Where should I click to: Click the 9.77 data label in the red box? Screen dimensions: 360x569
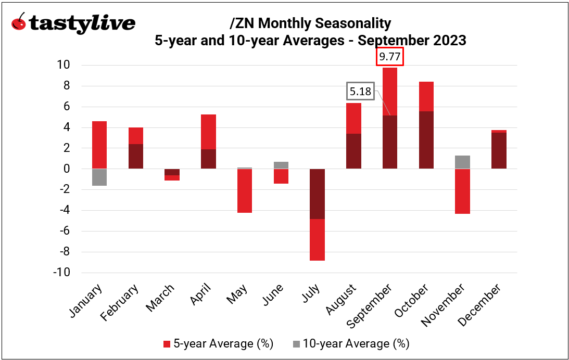[x=390, y=57]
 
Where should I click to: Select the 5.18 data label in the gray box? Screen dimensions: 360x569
[x=360, y=92]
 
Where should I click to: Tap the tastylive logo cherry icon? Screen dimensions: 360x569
[x=19, y=22]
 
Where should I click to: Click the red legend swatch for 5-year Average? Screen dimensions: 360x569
[x=167, y=344]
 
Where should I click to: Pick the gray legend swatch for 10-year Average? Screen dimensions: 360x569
[x=296, y=344]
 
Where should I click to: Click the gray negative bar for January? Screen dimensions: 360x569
[x=99, y=177]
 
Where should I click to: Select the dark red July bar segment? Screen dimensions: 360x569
[x=317, y=194]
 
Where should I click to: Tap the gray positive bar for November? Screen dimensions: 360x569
[x=462, y=162]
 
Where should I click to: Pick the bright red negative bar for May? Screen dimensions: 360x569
[x=244, y=190]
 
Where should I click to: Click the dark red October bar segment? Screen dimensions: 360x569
[x=426, y=139]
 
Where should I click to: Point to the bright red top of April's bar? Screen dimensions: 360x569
[x=208, y=132]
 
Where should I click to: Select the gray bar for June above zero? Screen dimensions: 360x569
[x=281, y=165]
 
